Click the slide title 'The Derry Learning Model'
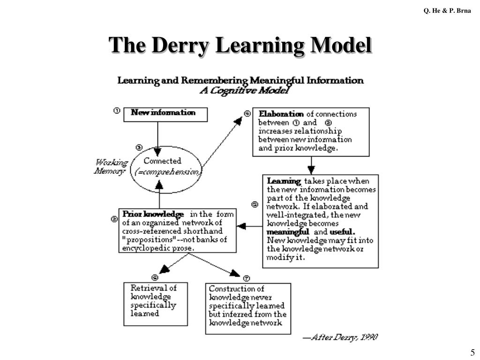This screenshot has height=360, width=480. click(240, 45)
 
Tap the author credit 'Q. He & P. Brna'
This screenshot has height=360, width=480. click(448, 10)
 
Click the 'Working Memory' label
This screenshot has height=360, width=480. click(111, 167)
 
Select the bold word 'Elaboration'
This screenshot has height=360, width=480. click(281, 114)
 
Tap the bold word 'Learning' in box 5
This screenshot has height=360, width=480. click(284, 181)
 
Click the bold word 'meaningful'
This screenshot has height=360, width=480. click(288, 232)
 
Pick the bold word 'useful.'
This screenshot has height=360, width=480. click(342, 232)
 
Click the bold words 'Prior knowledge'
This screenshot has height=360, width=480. click(153, 214)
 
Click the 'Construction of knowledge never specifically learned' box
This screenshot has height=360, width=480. click(248, 308)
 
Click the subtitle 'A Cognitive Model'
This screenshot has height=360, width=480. click(244, 90)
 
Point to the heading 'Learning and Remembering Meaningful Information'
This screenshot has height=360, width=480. click(240, 80)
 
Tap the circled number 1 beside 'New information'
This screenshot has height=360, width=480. click(117, 111)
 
